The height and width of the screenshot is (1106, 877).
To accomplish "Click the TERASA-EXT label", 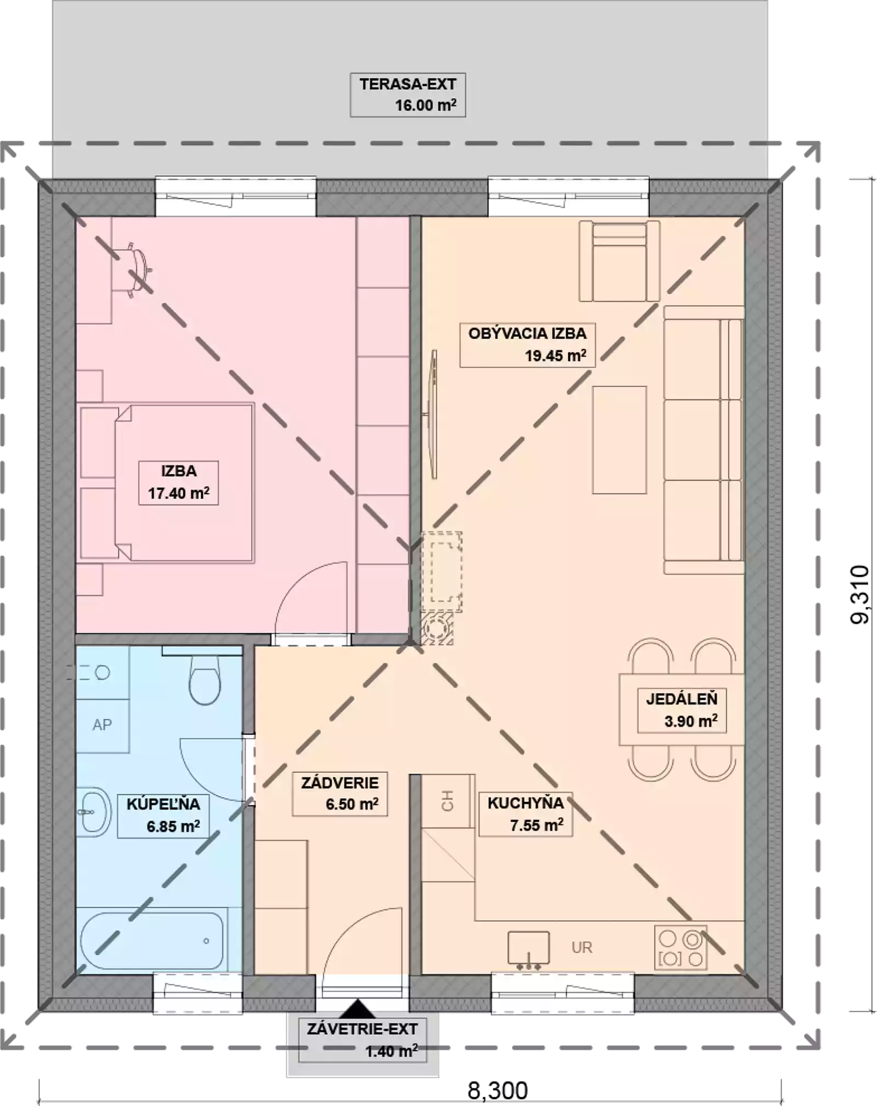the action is point(408,84).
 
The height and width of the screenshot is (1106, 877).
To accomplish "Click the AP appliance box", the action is point(102,725).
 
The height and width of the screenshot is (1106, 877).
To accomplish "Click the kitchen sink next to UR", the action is point(528,949).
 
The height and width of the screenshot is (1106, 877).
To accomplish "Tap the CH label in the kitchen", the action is point(447,800).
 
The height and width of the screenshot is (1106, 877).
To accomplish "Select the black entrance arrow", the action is point(358,1008).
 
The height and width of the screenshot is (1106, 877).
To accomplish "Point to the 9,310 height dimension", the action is point(859,594).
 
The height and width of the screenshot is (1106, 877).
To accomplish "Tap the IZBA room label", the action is point(179,471).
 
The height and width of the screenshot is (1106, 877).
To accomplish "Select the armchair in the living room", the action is point(619,261).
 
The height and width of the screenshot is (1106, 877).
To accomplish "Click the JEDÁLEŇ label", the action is point(681,699).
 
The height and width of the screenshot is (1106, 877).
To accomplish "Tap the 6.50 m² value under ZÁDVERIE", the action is point(352,804).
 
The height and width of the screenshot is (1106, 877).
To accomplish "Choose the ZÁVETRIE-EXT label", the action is point(362,1029).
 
